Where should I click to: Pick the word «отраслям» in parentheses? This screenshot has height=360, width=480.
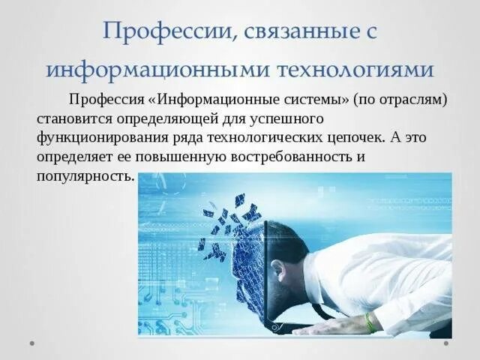(x=412, y=100)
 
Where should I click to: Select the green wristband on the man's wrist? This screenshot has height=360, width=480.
(x=370, y=322)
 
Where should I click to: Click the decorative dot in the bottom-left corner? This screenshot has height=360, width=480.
(x=32, y=343)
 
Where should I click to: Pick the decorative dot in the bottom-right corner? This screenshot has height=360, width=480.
(x=446, y=343)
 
